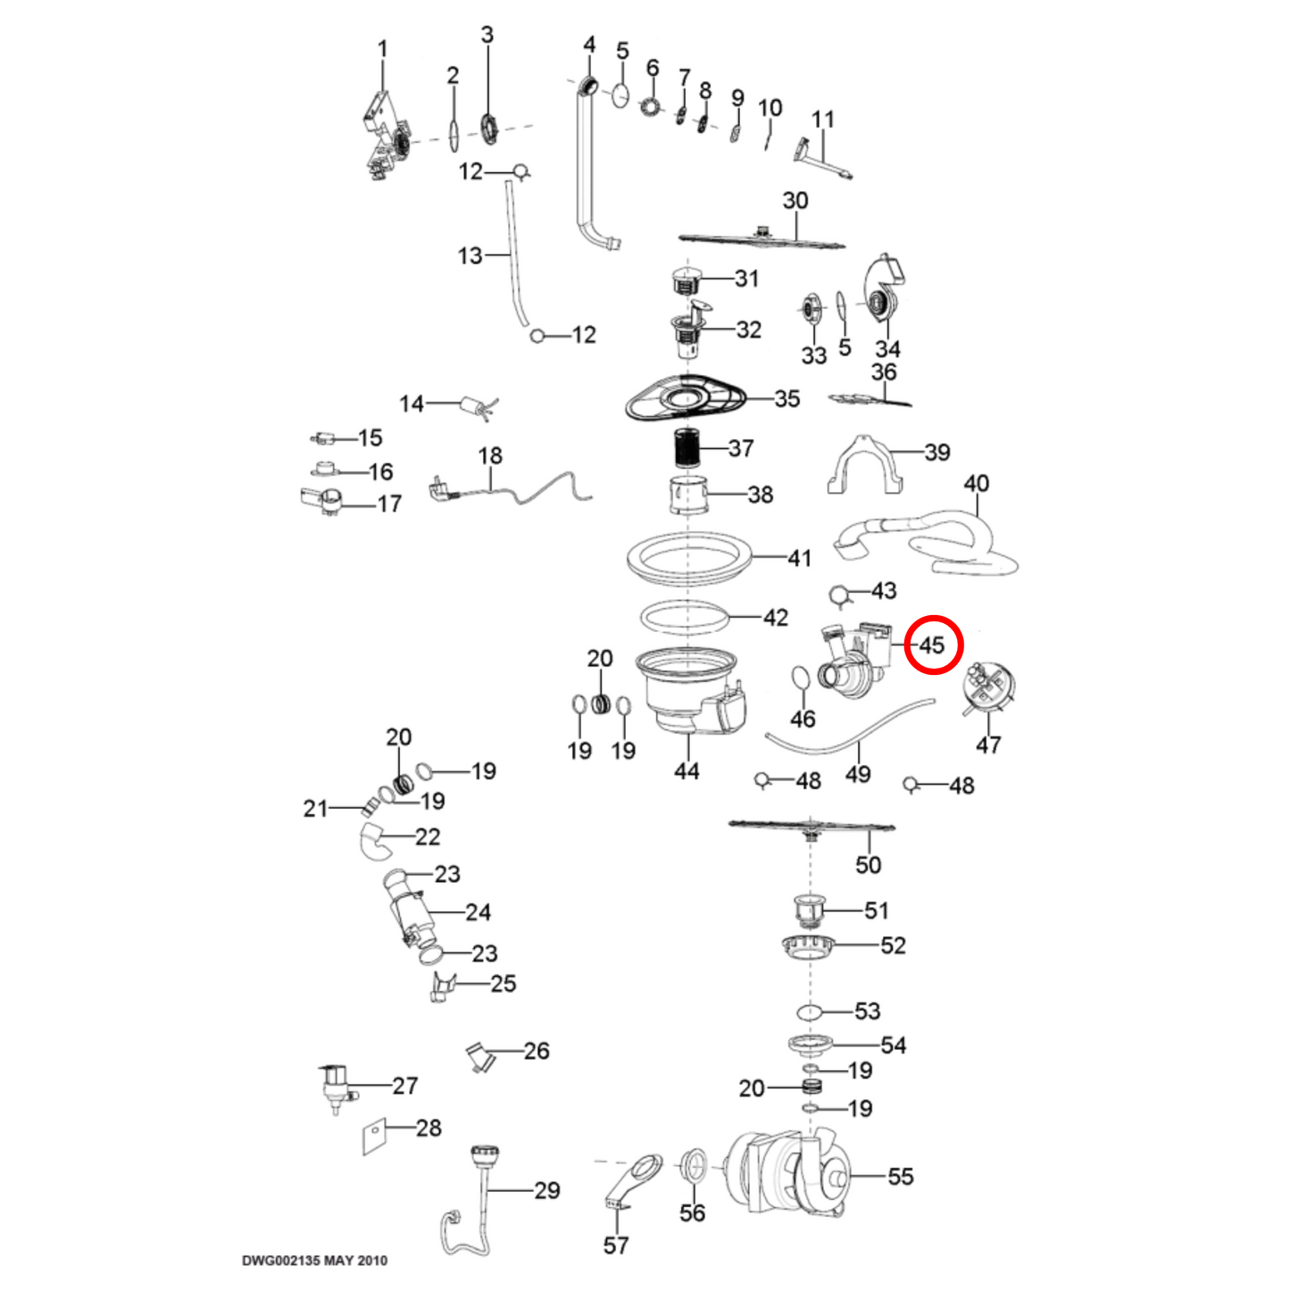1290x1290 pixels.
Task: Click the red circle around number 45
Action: point(933,645)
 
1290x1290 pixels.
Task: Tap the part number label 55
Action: point(900,1177)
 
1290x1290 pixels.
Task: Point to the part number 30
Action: point(795,201)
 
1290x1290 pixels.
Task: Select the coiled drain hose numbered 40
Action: point(928,540)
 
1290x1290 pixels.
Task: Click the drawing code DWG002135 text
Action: point(314,1261)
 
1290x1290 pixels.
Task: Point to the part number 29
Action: point(547,1190)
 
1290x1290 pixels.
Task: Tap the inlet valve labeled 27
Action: point(335,1085)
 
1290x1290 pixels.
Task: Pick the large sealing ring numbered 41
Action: point(689,561)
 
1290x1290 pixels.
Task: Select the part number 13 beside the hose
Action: point(470,256)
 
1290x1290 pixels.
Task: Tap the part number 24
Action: point(478,912)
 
